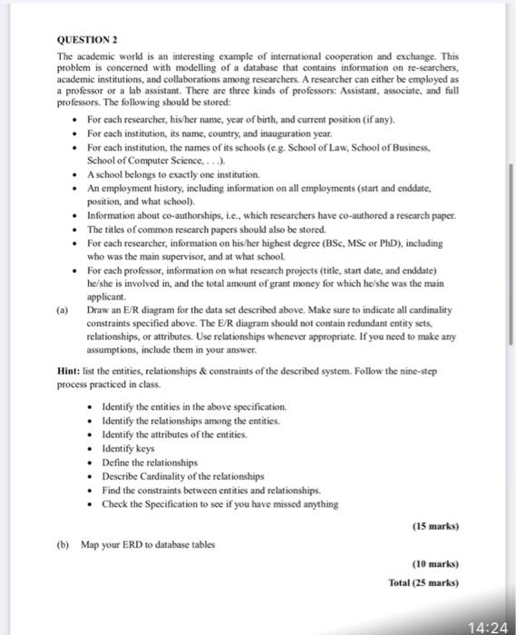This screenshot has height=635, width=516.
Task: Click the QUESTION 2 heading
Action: click(86, 40)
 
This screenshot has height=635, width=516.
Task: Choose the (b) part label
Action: click(63, 544)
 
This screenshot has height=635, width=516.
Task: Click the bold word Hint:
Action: click(69, 371)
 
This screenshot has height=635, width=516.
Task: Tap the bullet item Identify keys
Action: click(129, 448)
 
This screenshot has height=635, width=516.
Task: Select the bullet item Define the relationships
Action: click(151, 462)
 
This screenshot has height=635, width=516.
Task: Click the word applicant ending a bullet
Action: click(107, 296)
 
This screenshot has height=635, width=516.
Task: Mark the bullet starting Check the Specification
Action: click(220, 504)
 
